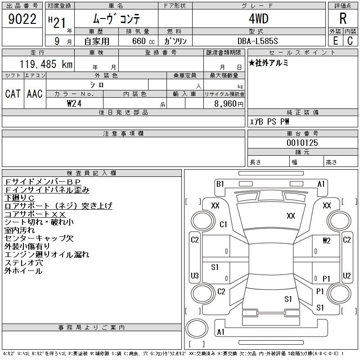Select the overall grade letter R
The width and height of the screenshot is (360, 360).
(x=342, y=18)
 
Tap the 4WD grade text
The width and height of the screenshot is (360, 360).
(x=258, y=19)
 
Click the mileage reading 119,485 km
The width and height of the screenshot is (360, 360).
(x=45, y=64)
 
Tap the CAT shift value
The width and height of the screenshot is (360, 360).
(x=13, y=94)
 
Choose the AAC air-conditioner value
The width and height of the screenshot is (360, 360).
(x=35, y=94)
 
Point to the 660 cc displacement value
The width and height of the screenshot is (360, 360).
(x=138, y=40)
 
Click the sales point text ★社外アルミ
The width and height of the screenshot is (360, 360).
(x=269, y=63)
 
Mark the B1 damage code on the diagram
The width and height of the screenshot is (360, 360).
(x=220, y=184)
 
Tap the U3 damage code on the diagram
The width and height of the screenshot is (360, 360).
(x=195, y=275)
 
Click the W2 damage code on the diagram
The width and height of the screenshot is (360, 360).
(x=327, y=240)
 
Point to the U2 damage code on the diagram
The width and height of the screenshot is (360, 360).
(x=346, y=275)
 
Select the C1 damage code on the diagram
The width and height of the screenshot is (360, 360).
(x=224, y=225)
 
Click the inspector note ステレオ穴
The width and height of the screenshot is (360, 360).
(x=23, y=263)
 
